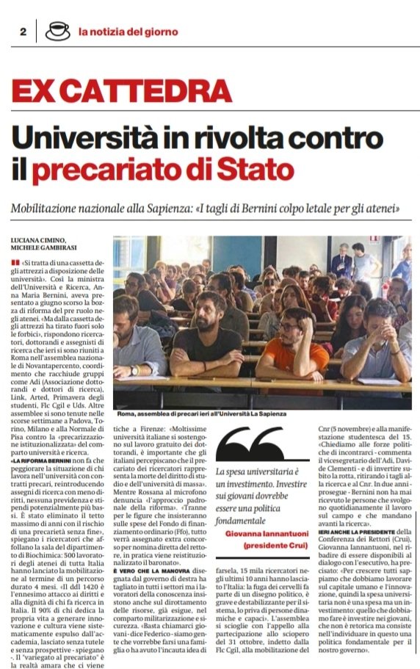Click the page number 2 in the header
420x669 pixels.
(x=23, y=32)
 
